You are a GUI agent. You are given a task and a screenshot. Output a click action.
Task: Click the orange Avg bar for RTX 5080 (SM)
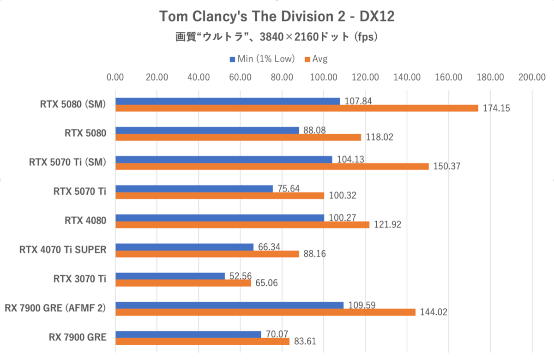pos(296,108)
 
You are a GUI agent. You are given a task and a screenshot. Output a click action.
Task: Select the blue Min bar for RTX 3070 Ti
pos(170,276)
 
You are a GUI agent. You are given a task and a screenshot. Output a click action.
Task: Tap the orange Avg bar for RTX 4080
pos(242,225)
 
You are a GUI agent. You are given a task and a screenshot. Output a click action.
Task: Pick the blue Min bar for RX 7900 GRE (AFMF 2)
pos(229,305)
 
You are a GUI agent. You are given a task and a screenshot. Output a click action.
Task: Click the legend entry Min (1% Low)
pos(263,59)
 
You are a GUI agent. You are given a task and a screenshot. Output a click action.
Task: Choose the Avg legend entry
pos(317,59)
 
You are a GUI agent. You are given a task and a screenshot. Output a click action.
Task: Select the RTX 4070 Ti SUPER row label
pos(63,250)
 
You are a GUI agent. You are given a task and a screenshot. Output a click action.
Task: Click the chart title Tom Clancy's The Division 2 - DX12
pos(277,17)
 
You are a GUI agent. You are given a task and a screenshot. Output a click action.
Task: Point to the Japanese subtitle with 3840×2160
pos(277,37)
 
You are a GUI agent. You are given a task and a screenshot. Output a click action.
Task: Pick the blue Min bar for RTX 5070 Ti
pos(194,188)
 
